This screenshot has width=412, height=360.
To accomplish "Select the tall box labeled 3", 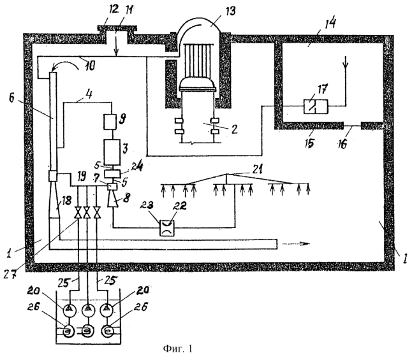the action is (112, 152).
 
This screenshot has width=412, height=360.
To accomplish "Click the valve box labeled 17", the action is (316, 106).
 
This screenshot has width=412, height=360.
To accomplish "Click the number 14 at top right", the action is (330, 23).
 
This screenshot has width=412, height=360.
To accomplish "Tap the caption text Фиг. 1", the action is (178, 349).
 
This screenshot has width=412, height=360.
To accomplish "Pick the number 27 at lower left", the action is (10, 274).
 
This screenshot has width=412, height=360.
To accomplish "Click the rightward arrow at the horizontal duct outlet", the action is (296, 243).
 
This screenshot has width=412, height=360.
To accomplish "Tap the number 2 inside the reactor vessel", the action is (234, 129).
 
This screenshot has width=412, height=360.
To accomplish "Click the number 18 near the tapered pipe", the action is (67, 201).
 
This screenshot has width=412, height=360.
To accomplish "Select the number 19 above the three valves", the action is (82, 176).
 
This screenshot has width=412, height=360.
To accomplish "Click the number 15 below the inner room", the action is (309, 143).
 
